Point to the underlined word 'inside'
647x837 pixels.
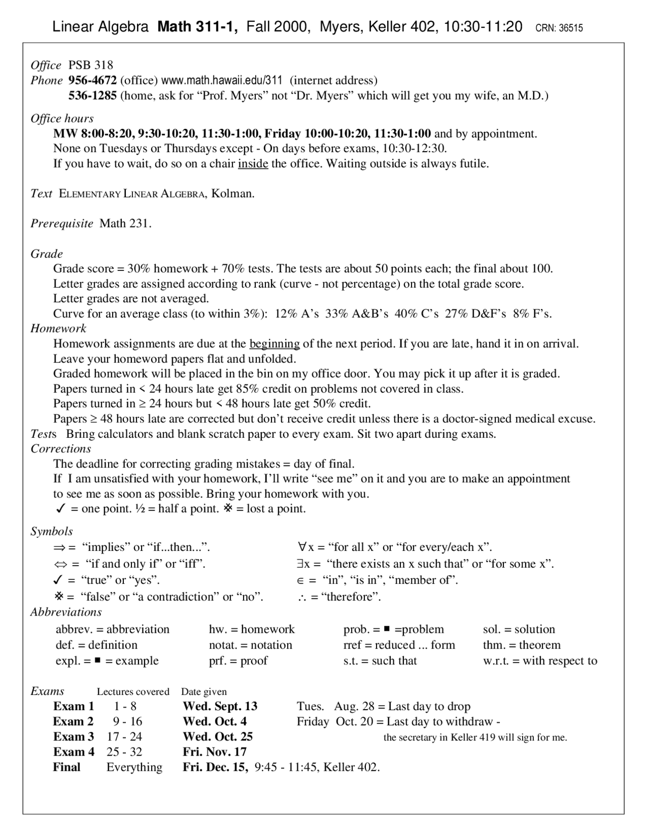pos(253,164)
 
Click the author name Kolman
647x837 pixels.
pos(232,194)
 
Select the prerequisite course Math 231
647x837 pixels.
pos(125,223)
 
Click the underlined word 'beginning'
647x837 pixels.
pos(274,344)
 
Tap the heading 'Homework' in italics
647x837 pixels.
pos(58,329)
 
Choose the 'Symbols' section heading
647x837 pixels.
pos(52,531)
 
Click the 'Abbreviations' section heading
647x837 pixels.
pos(66,612)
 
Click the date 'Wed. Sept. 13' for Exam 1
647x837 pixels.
pos(220,706)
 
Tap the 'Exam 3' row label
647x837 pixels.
pos(73,736)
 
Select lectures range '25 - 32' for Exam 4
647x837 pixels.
pos(124,752)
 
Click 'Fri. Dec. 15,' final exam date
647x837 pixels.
pos(215,767)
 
